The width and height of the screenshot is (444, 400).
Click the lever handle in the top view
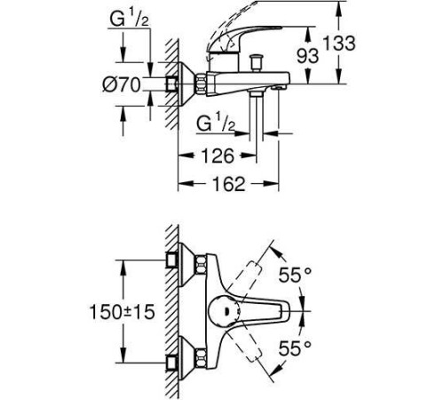pyautogui.click(x=271, y=311)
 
